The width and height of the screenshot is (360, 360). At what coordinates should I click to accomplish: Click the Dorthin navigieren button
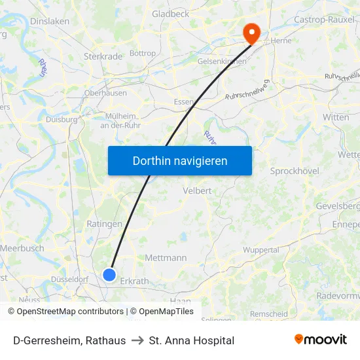tap(180, 160)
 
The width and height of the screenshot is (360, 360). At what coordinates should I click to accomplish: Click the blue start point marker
tap(110, 275)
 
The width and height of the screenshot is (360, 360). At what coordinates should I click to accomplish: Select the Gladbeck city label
tap(170, 13)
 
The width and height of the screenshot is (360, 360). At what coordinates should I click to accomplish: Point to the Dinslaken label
tap(50, 21)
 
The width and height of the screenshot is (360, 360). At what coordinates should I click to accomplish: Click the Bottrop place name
tap(143, 53)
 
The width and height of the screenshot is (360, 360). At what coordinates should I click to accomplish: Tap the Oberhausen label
tap(105, 93)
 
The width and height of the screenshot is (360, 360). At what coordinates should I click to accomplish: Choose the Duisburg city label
tap(62, 120)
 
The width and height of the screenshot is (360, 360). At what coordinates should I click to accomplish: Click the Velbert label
tap(198, 190)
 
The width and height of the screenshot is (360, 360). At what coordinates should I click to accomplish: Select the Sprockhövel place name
tap(294, 171)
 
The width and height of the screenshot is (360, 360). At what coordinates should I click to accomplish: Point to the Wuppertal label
tap(261, 250)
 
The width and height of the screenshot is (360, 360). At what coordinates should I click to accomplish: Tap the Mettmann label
tap(166, 258)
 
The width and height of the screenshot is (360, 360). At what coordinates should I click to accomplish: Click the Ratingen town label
tap(104, 224)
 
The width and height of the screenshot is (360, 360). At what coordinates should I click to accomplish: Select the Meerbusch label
tap(22, 248)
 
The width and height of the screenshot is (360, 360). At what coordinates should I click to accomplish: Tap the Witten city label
tap(336, 117)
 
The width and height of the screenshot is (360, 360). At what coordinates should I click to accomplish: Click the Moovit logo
tap(320, 340)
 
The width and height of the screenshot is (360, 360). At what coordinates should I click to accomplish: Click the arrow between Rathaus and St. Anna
tap(137, 340)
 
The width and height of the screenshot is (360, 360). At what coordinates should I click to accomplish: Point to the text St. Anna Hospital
tap(192, 340)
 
